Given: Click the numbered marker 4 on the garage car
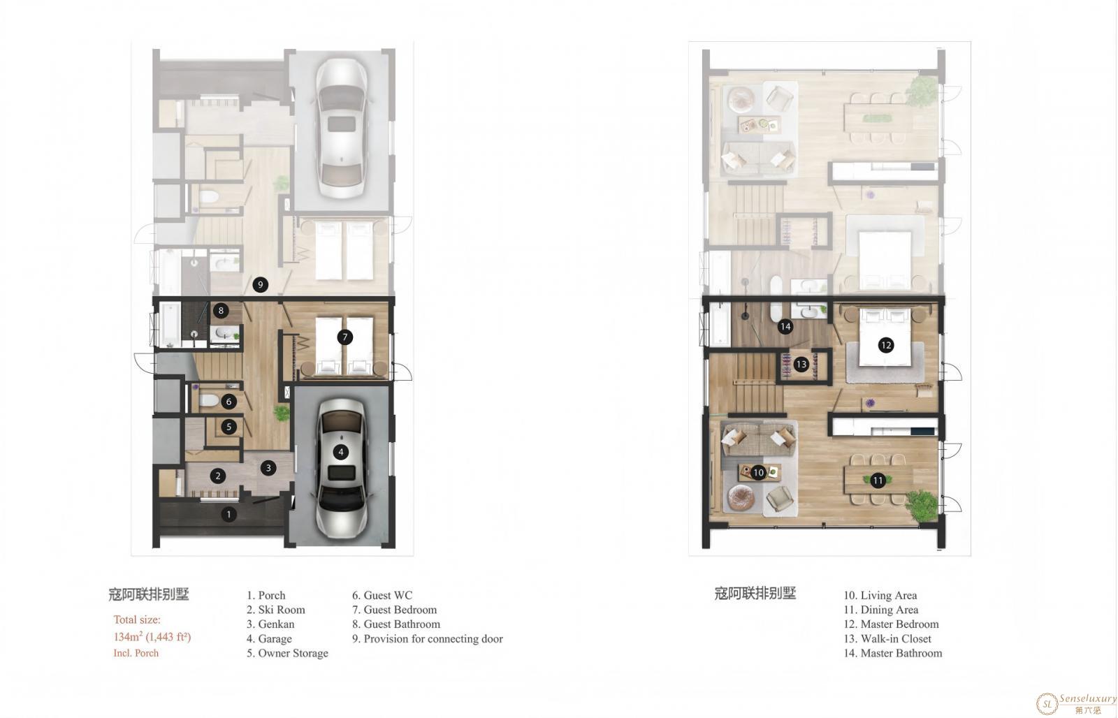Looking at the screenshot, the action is click(341, 452).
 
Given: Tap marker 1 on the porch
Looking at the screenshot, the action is click(228, 515).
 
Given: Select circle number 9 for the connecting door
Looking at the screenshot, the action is click(260, 285).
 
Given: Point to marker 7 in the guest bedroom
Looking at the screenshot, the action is click(345, 337).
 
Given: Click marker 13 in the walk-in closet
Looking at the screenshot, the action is click(801, 365).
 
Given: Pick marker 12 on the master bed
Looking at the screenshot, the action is click(886, 345).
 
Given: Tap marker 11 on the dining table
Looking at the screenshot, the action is click(878, 481).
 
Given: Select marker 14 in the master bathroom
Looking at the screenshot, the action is click(785, 327).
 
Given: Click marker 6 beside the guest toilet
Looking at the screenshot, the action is click(228, 401).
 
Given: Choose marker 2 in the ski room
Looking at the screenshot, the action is click(217, 476).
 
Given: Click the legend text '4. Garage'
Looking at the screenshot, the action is click(269, 638).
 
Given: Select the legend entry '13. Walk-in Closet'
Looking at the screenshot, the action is click(887, 638).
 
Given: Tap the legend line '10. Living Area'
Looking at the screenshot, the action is click(880, 595).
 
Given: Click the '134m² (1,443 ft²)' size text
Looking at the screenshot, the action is click(152, 637).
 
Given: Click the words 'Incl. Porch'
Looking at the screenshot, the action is click(136, 653).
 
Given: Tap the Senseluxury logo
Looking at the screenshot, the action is click(1076, 703).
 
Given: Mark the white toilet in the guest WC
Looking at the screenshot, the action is click(209, 400).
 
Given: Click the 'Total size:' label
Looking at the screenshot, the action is click(137, 620).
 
